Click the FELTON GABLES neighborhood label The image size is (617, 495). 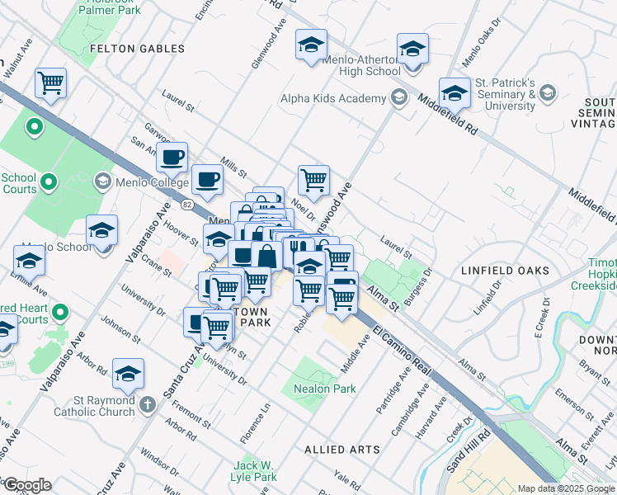pyautogui.click(x=137, y=49)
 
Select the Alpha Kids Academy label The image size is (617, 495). pyautogui.click(x=333, y=99)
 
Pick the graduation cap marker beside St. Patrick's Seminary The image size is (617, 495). pyautogui.click(x=455, y=94)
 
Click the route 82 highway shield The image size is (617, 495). pyautogui.click(x=188, y=203)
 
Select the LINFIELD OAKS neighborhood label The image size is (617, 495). pyautogui.click(x=506, y=271)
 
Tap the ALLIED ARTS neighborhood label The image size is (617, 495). pyautogui.click(x=342, y=450)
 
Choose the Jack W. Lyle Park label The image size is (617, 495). pyautogui.click(x=254, y=471)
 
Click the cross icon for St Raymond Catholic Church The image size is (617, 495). pyautogui.click(x=147, y=404)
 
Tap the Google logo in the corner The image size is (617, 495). pyautogui.click(x=27, y=485)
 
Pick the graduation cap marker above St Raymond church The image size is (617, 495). pyautogui.click(x=128, y=375)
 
